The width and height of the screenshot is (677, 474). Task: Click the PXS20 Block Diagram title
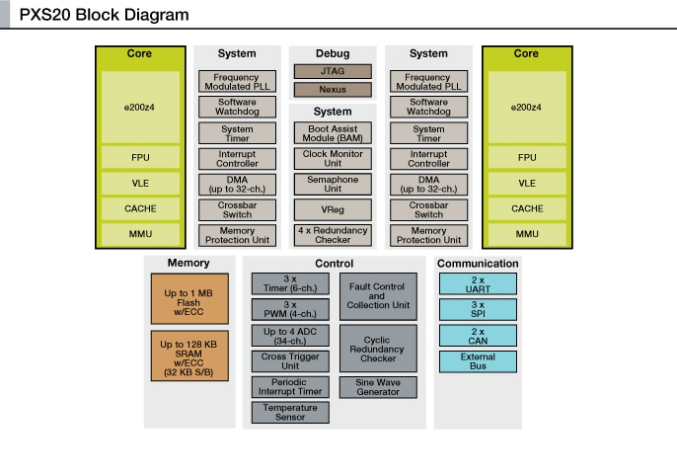point(104,16)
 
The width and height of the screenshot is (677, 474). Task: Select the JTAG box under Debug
point(333,71)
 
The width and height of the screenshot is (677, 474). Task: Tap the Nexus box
point(333,90)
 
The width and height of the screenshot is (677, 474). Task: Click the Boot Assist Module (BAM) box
point(333,133)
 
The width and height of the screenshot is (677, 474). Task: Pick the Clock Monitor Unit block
point(333,159)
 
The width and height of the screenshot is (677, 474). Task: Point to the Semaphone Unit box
point(333,185)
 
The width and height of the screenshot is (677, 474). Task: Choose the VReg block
point(333,210)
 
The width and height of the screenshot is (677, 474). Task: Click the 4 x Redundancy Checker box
point(333,235)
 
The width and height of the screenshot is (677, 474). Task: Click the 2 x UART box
point(478,284)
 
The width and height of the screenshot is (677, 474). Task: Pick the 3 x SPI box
point(478,310)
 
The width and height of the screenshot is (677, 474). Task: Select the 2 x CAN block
point(478,336)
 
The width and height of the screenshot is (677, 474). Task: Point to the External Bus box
point(478,361)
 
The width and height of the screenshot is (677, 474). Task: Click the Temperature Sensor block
point(290,413)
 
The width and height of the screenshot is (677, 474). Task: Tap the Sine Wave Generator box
point(377,387)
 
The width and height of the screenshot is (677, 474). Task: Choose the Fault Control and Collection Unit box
point(377,296)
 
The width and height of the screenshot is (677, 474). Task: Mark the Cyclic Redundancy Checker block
point(377,348)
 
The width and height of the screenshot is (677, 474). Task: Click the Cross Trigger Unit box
point(290,361)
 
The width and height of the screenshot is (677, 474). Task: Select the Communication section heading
point(478,264)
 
